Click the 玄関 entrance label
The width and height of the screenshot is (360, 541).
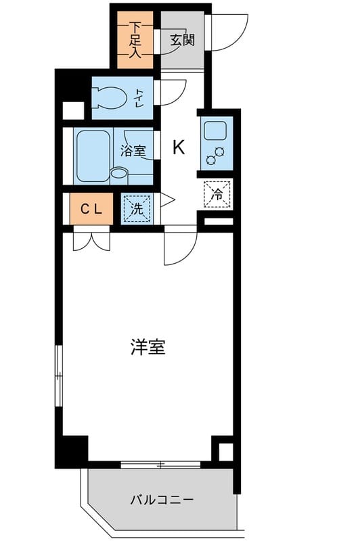click(x=182, y=41)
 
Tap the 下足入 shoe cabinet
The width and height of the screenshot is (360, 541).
click(x=135, y=40)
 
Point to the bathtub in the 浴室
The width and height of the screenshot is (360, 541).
click(x=93, y=157)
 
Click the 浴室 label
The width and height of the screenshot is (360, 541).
click(x=133, y=151)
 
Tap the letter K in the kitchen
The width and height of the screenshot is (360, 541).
click(x=179, y=147)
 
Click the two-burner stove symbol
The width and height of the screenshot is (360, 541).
click(x=215, y=156)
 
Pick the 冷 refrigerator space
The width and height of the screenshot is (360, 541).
click(x=217, y=195)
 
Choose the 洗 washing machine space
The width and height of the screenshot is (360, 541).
click(x=137, y=209)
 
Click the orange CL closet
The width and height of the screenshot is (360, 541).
click(x=91, y=209)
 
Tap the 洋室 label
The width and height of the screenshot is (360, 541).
click(x=148, y=347)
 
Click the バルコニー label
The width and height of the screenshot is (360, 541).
click(x=162, y=500)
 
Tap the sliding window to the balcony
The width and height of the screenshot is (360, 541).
click(x=161, y=465)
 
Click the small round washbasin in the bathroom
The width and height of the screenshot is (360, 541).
click(x=119, y=173)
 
